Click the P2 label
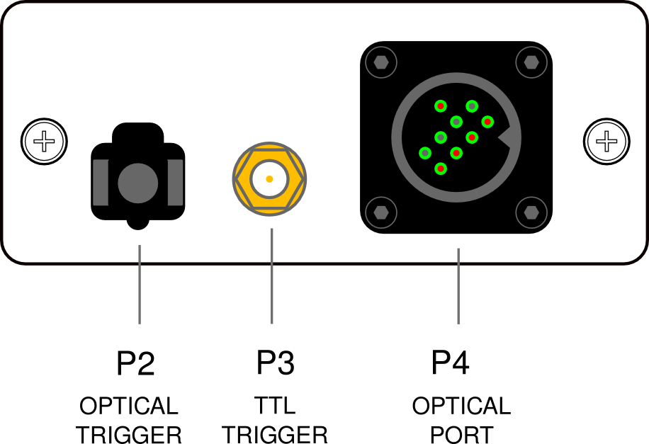(x=135, y=363)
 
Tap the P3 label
(x=276, y=363)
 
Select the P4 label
(x=451, y=363)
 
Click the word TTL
(x=275, y=406)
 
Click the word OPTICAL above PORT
(x=461, y=406)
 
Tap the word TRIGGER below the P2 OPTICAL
(x=130, y=434)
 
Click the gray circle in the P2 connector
(x=137, y=183)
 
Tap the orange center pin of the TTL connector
(x=269, y=179)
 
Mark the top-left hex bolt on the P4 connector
(x=382, y=62)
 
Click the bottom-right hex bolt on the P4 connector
(x=531, y=211)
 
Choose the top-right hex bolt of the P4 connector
(x=531, y=62)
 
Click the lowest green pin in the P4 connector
(x=441, y=169)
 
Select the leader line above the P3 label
(x=271, y=276)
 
